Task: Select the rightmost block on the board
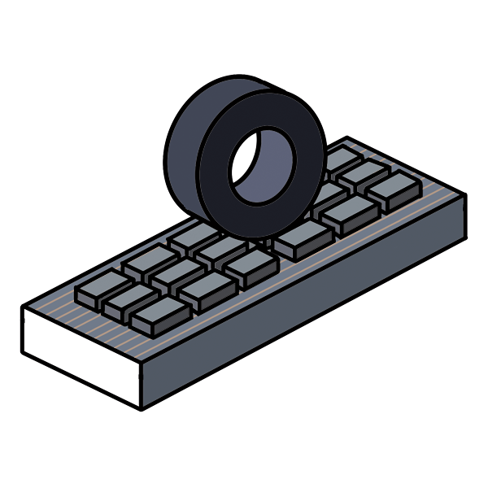coord(393,190)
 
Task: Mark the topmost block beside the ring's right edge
coord(342,157)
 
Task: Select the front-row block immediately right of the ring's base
coord(303,238)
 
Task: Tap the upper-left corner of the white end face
coord(22,307)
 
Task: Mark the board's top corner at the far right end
coord(466,195)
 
